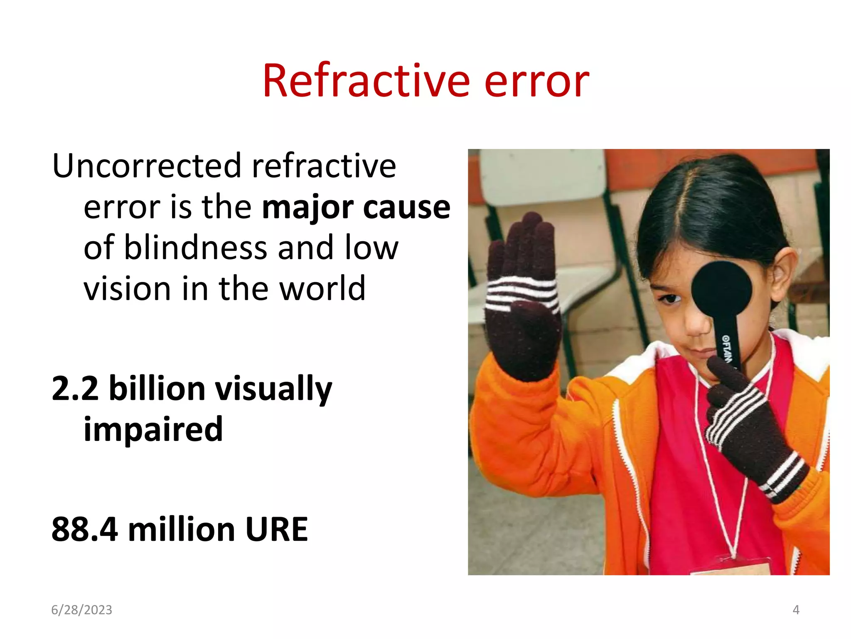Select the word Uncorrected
coord(146,166)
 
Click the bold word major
coord(308,207)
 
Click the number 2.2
coord(75,389)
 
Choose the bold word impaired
coord(153,429)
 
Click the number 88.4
coord(84,530)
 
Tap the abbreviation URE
coord(276,530)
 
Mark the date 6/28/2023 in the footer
coord(81,610)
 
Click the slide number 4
coord(796,610)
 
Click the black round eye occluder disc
coord(721,289)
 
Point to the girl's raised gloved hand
coord(523,300)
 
